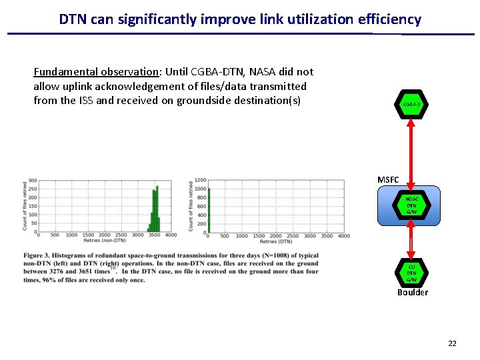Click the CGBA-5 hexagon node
pyautogui.click(x=411, y=105)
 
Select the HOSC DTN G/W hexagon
pyautogui.click(x=411, y=206)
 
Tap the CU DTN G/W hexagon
pyautogui.click(x=411, y=272)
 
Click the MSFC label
pyautogui.click(x=388, y=180)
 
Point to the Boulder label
pyautogui.click(x=412, y=292)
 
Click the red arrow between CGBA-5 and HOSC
pyautogui.click(x=411, y=153)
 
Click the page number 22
pyautogui.click(x=452, y=343)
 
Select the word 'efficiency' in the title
pyautogui.click(x=389, y=19)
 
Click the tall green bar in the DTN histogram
pyautogui.click(x=209, y=210)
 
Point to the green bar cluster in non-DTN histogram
pyautogui.click(x=154, y=210)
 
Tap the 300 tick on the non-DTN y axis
pyautogui.click(x=31, y=181)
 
